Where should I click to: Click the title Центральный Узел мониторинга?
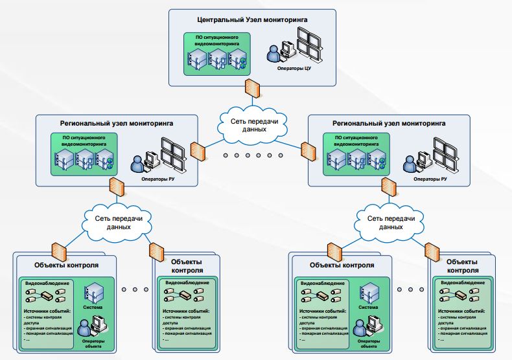[x=252, y=20]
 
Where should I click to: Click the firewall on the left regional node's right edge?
[x=198, y=150]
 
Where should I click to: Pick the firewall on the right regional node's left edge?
[x=307, y=150]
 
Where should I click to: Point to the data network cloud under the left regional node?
[x=117, y=222]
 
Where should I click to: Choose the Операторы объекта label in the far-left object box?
[x=93, y=342]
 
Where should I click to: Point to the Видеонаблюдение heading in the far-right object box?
[x=461, y=283]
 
